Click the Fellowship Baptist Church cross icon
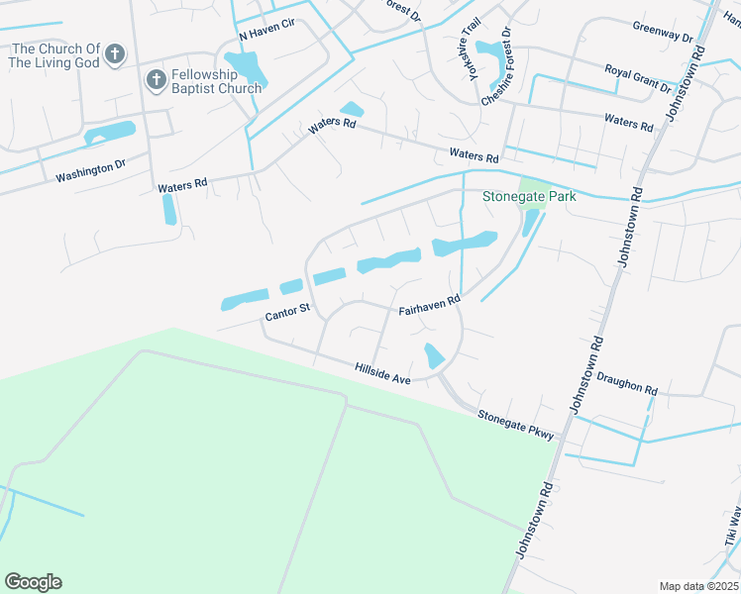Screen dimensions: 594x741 [x=156, y=80]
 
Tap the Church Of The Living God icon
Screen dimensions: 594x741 [x=115, y=53]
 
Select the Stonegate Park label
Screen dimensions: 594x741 [x=529, y=196]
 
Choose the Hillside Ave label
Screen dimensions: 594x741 [x=382, y=373]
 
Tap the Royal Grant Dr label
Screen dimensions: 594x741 [x=639, y=77]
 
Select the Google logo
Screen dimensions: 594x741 [x=33, y=582]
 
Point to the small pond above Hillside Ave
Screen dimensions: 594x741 [x=433, y=355]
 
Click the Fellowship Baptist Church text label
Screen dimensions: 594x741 [x=215, y=81]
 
